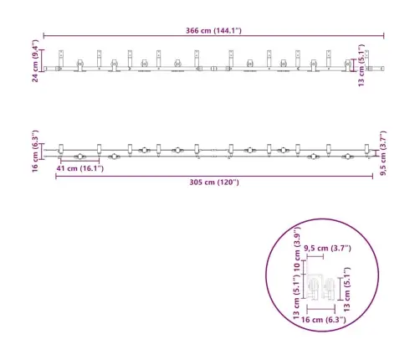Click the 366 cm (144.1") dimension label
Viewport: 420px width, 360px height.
click(213, 30)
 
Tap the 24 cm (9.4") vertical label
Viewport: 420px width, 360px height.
click(35, 61)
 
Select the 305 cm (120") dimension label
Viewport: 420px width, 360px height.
click(214, 183)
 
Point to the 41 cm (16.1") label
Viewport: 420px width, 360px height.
click(80, 168)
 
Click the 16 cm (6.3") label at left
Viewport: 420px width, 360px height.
click(35, 152)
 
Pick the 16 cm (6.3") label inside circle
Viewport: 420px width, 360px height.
click(324, 320)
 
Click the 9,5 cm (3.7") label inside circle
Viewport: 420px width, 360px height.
click(327, 248)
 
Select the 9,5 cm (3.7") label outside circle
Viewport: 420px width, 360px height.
click(383, 153)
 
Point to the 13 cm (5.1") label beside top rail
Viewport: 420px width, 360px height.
click(361, 65)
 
